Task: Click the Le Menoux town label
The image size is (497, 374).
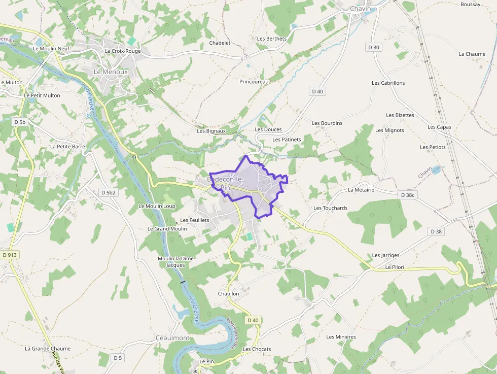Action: pos(111,72)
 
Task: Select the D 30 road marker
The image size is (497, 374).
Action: pos(373,47)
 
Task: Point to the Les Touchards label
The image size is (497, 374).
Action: pos(330,208)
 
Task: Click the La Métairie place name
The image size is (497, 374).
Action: pos(361,190)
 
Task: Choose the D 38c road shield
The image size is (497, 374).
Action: pos(407,195)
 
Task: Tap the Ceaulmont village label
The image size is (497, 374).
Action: pos(172,338)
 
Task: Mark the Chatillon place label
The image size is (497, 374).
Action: pos(228,293)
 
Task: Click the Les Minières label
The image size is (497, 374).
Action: pos(341,337)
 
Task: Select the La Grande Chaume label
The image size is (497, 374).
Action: pos(48,349)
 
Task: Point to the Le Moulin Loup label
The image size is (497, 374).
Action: pos(157,206)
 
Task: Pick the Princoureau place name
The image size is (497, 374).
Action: pos(255,81)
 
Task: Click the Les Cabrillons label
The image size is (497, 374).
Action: pos(388,83)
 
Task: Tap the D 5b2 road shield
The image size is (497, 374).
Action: pos(109,193)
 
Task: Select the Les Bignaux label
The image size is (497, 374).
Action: pos(211,131)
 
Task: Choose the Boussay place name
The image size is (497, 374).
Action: pos(470,5)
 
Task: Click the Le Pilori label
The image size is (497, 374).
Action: pos(396,267)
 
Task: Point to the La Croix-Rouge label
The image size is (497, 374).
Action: pos(122,51)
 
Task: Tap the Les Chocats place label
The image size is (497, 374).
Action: pos(257,349)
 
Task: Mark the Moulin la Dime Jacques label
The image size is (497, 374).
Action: pos(175,261)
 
